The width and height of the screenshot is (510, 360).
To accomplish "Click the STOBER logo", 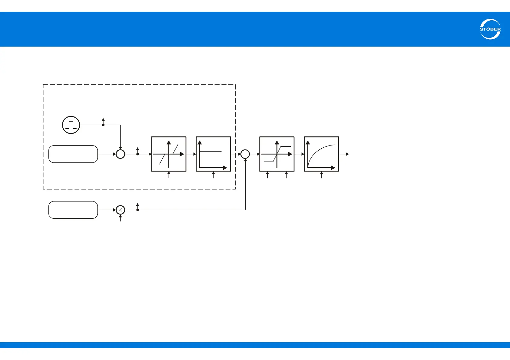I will [x=490, y=29].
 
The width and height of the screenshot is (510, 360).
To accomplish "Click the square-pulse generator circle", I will [x=71, y=125].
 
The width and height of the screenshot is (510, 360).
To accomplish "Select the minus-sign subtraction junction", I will [x=121, y=154].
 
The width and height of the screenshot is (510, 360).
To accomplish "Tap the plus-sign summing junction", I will [x=245, y=154].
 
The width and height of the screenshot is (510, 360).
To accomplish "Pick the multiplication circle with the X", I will [x=121, y=210].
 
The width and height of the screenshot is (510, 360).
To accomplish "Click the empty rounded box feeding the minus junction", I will [x=73, y=154].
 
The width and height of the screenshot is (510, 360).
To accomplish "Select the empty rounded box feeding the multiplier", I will [x=73, y=210].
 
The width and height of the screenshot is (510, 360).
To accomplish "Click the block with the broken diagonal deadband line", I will [x=169, y=154].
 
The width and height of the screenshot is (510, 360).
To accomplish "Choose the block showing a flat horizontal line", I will [x=214, y=154].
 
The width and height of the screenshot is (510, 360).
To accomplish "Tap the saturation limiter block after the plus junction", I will [x=277, y=154].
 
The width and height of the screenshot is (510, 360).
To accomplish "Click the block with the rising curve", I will [x=321, y=154].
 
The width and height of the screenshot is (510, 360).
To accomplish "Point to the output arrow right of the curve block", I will [x=345, y=154].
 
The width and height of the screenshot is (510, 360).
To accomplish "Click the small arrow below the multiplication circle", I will [x=121, y=218].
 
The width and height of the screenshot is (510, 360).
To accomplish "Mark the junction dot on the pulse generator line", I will [x=103, y=125].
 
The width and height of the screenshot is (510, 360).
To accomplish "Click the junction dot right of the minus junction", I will [x=137, y=154].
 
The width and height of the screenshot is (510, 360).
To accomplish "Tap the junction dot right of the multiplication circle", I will [x=137, y=210].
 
